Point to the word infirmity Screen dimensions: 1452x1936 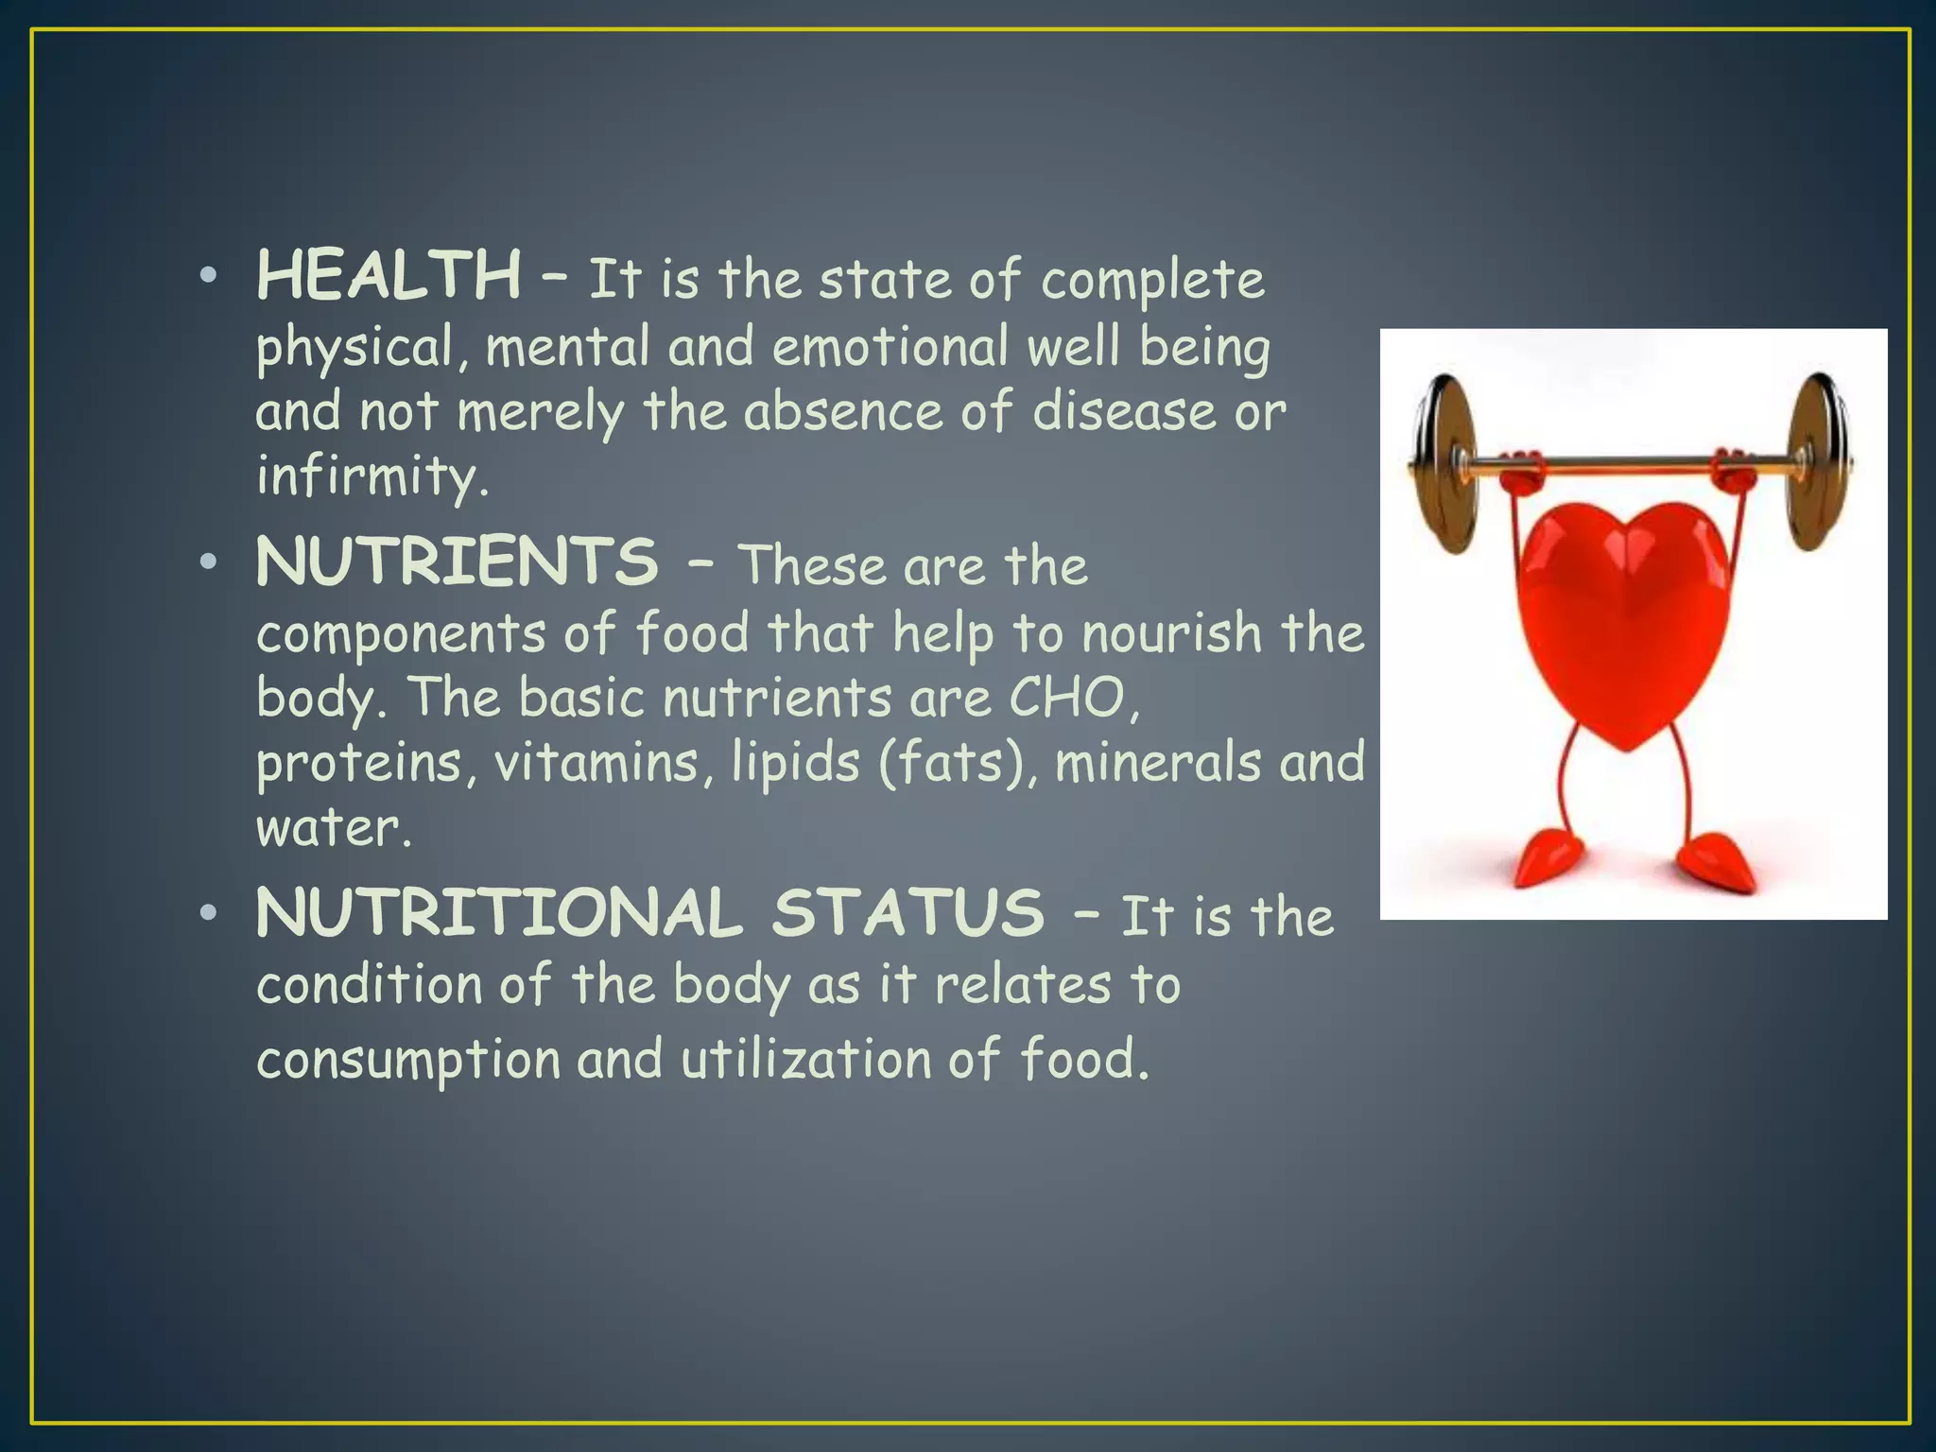click(372, 475)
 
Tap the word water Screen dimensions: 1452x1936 click(333, 828)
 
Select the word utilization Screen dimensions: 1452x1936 click(806, 1058)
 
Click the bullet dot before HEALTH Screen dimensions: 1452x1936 click(209, 277)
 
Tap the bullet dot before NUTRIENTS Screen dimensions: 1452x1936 click(209, 563)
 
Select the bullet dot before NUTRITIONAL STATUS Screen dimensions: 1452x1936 click(209, 914)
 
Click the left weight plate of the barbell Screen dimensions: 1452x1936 click(1446, 463)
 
